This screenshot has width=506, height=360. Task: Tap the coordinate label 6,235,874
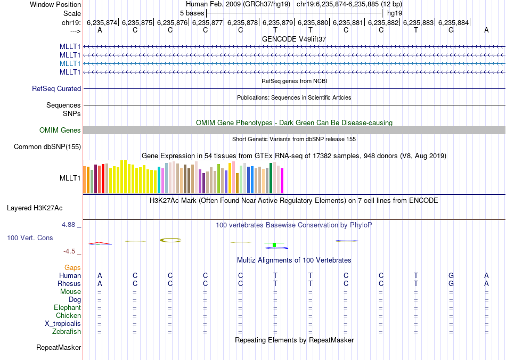[102, 22]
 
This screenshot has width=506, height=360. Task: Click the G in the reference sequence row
[451, 30]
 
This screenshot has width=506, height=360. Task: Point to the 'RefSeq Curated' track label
[56, 89]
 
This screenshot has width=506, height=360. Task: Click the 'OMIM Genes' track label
[60, 130]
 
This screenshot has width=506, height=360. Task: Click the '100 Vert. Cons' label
[30, 238]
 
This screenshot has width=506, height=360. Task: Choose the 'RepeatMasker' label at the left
[59, 348]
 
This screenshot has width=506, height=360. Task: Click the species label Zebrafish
[67, 332]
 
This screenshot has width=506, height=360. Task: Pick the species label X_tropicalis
[63, 324]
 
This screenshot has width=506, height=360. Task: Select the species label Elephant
[67, 308]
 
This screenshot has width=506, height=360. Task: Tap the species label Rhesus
[69, 284]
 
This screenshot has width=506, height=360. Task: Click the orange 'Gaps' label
[72, 267]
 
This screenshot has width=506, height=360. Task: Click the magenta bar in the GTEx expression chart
[282, 181]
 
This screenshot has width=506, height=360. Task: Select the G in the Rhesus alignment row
[451, 284]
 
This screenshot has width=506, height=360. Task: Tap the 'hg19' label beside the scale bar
[395, 13]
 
